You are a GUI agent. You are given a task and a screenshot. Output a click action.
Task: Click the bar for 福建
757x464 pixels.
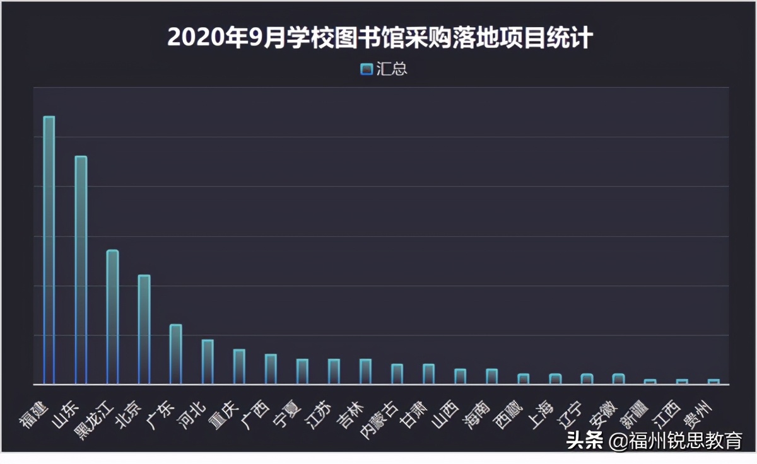coord(49,250)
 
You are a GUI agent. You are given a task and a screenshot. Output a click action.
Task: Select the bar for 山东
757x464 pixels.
coord(81,270)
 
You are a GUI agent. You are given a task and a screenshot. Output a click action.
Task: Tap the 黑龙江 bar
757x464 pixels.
coord(112,316)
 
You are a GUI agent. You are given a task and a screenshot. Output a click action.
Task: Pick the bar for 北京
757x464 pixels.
coord(144,329)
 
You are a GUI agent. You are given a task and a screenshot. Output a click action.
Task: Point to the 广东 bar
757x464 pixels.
coord(175,354)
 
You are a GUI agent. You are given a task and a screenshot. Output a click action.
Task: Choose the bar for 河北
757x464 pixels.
coord(208,362)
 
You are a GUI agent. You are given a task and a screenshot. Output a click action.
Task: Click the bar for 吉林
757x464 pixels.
coord(365,371)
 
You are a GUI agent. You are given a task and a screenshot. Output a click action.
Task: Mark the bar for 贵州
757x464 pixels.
coord(713,381)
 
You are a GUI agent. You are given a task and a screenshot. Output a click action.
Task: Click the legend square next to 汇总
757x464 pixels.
coord(366,69)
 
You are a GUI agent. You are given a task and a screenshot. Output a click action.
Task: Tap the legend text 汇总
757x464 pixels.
coord(392,69)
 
